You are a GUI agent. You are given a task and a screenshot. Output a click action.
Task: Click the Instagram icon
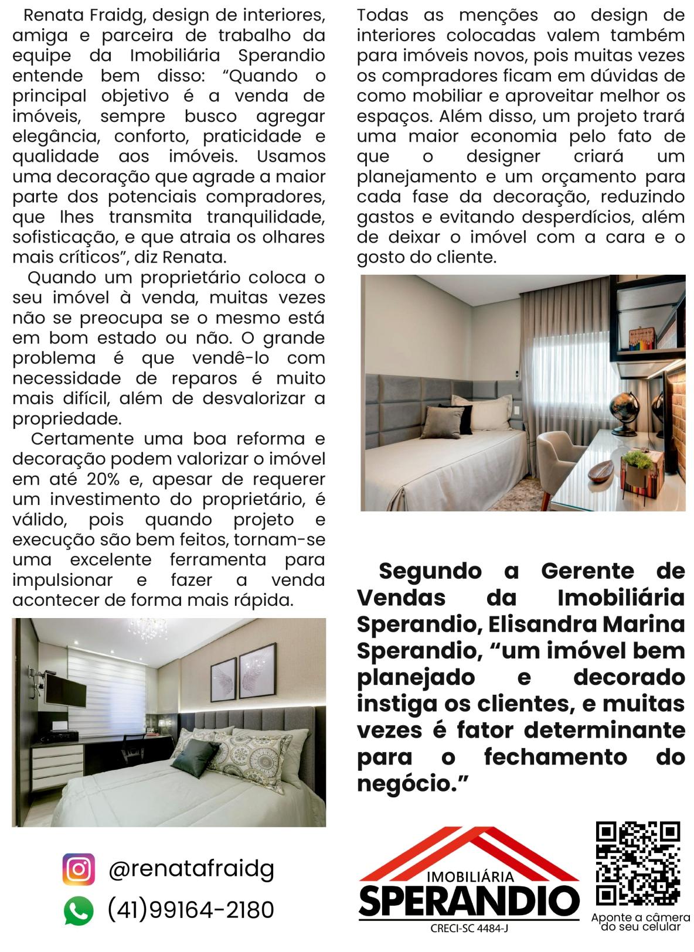click(79, 869)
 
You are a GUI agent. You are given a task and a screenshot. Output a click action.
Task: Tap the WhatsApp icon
click(79, 911)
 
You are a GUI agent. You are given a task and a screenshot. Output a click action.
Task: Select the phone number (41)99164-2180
click(191, 910)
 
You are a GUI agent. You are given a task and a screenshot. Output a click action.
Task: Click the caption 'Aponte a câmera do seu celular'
click(640, 922)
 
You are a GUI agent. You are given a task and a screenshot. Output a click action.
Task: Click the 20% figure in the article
click(103, 479)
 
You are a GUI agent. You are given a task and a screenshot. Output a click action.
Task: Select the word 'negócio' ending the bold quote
click(404, 784)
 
